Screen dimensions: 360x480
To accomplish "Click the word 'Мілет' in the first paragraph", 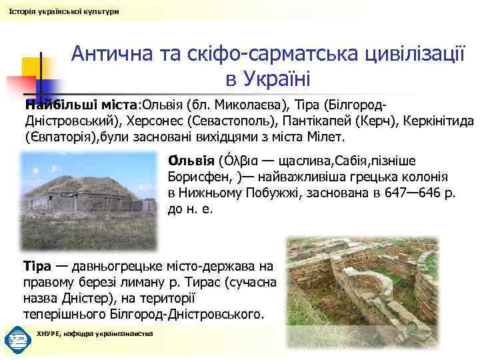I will pos(325,138).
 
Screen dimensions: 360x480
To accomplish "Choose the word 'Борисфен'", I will pos(198,178).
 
